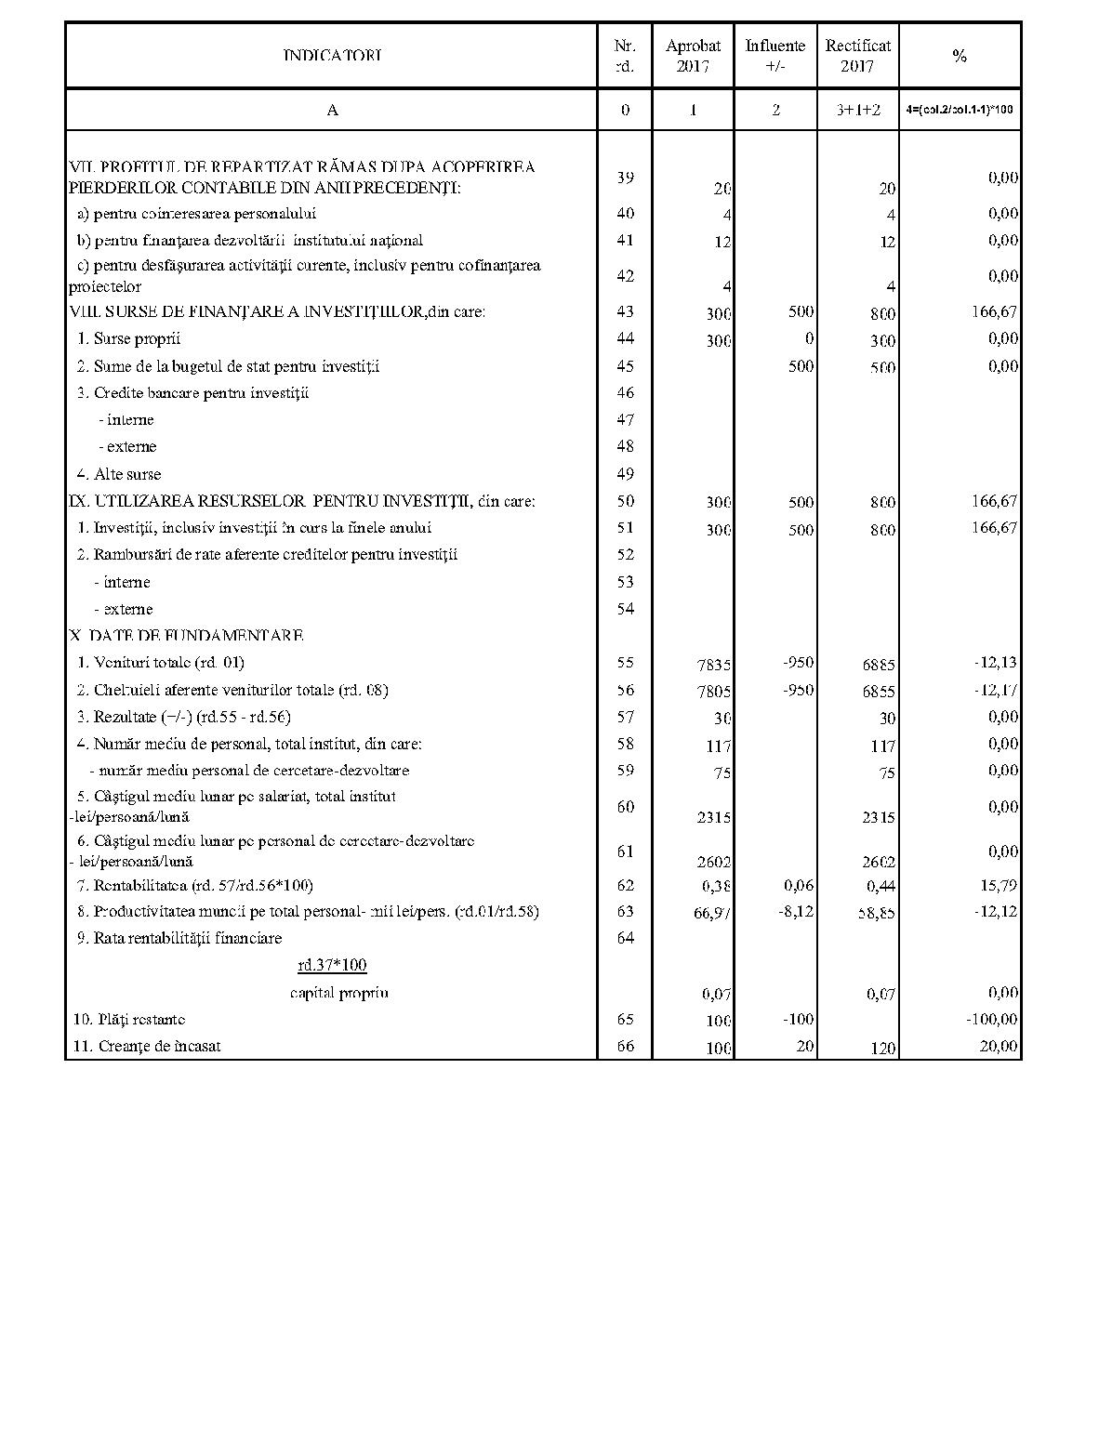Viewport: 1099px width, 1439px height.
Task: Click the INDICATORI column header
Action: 332,56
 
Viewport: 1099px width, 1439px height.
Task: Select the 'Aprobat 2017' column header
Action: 693,56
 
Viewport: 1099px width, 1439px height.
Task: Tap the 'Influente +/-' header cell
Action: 775,56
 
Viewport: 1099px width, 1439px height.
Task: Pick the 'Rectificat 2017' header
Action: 857,56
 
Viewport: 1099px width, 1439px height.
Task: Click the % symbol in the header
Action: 960,56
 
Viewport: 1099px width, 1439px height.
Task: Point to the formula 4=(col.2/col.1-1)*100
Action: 960,110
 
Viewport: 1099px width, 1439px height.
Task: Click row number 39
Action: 625,178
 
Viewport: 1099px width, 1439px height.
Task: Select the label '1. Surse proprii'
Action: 129,339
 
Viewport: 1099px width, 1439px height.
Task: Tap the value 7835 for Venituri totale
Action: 714,666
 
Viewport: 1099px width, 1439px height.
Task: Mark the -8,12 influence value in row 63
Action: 796,912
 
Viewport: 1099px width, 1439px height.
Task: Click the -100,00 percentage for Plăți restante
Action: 992,1020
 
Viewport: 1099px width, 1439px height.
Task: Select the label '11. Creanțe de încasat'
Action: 147,1047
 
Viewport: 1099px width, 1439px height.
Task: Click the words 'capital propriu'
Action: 338,993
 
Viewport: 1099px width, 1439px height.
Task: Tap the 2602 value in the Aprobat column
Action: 714,863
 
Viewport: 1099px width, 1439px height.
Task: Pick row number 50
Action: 625,501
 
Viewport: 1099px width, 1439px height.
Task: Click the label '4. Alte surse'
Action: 119,474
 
